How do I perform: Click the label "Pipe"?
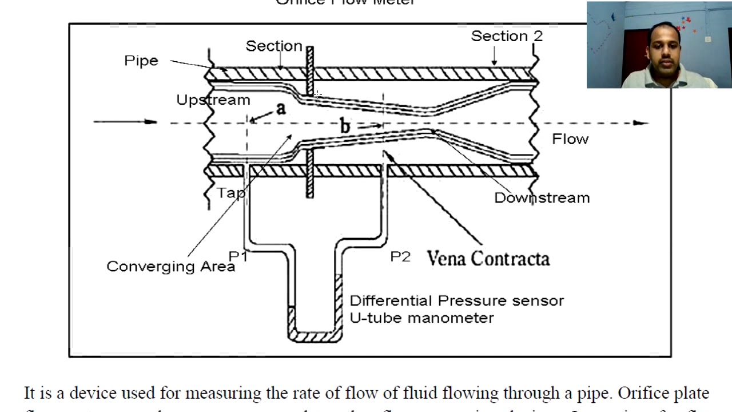(x=141, y=61)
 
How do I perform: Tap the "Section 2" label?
(x=506, y=36)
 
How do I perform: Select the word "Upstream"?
(x=213, y=100)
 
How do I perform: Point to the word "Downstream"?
(x=542, y=198)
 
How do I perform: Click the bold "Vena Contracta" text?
(x=488, y=259)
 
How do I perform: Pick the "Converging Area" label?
(x=170, y=267)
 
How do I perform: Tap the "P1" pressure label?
(x=238, y=257)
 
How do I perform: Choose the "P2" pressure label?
(x=400, y=257)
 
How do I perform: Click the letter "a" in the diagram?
(x=280, y=108)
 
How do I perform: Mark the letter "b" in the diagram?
(x=344, y=126)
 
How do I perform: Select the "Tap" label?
(x=230, y=193)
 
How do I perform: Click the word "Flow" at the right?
(x=570, y=139)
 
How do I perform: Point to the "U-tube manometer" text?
(x=421, y=318)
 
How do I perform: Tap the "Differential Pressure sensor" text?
(x=456, y=301)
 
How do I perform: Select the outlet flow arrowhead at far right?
(x=642, y=122)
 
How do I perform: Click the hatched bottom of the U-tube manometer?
(x=315, y=336)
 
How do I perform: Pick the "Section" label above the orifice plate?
(x=273, y=46)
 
